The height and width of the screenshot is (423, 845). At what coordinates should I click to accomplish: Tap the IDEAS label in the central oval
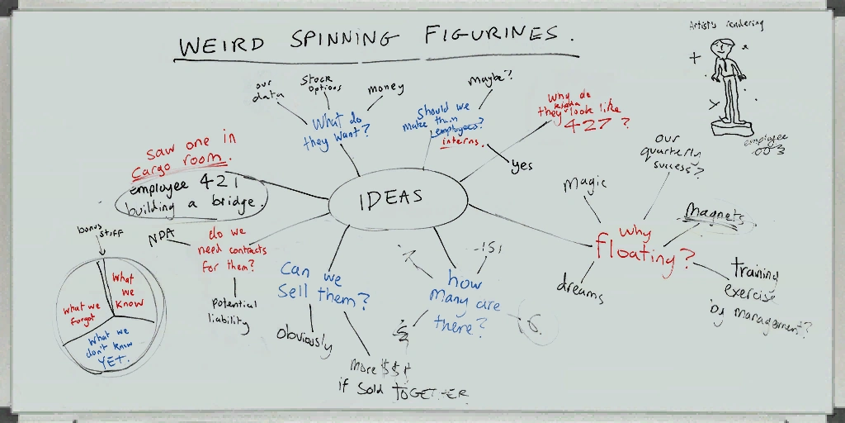coord(391,197)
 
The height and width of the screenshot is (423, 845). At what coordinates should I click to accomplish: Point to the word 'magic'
coord(585,183)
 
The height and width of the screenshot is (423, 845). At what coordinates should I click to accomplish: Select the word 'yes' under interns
coord(522,165)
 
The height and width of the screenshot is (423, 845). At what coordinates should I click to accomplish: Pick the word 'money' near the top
coord(385,88)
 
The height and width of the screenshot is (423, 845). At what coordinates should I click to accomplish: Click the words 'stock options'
coord(320,83)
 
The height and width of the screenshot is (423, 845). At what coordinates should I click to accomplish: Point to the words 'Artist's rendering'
coord(726,25)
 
